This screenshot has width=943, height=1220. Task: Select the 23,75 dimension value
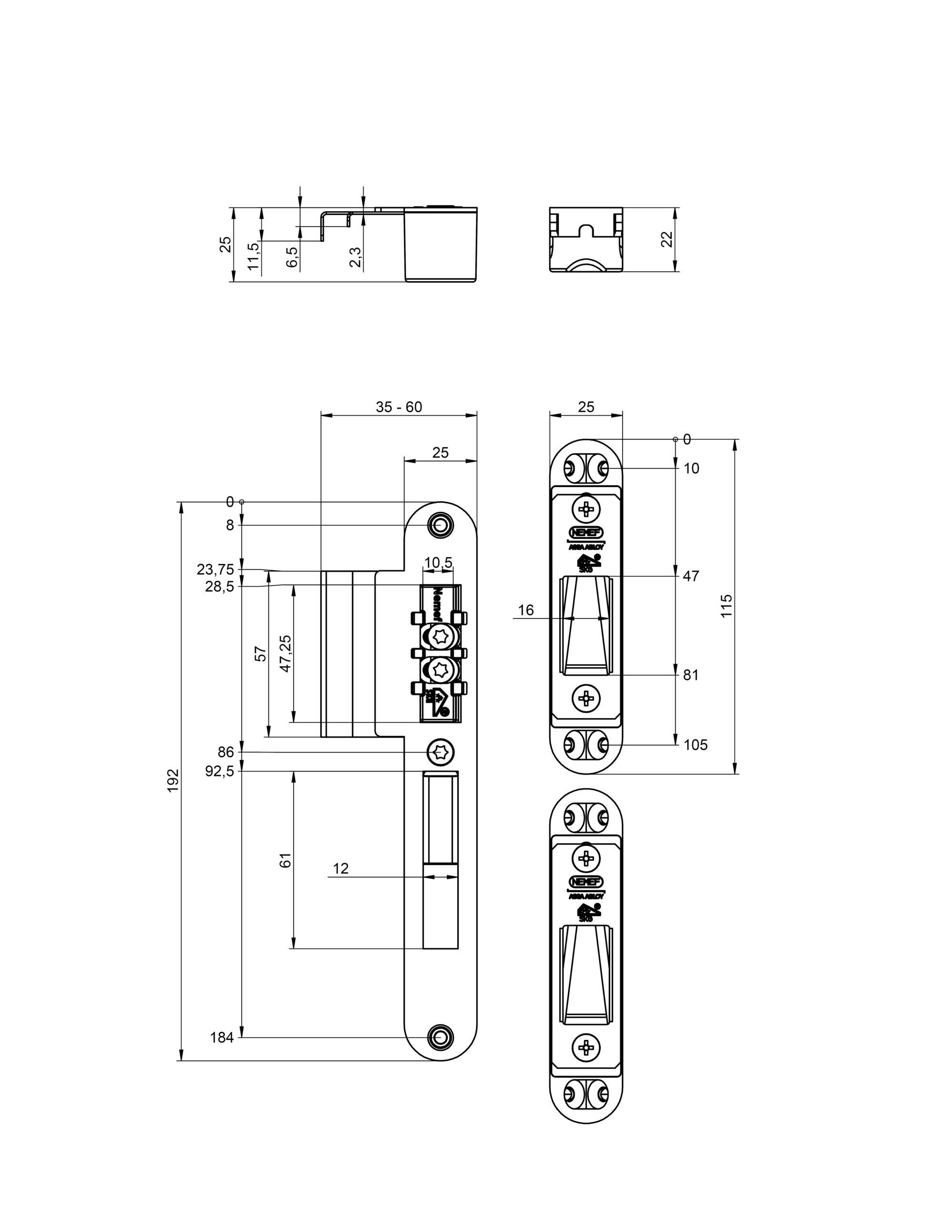pyautogui.click(x=215, y=569)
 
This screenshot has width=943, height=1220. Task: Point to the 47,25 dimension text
pyautogui.click(x=285, y=653)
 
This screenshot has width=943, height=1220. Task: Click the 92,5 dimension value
pyautogui.click(x=218, y=772)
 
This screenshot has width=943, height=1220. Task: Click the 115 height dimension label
pyautogui.click(x=726, y=606)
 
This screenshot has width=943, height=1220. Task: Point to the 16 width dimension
pyautogui.click(x=526, y=610)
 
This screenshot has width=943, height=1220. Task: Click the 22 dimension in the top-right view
pyautogui.click(x=667, y=240)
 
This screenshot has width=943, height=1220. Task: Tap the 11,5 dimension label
pyautogui.click(x=254, y=256)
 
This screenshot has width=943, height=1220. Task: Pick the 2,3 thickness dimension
pyautogui.click(x=356, y=257)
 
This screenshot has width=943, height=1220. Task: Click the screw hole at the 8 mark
pyautogui.click(x=440, y=525)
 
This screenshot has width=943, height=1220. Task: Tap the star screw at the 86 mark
pyautogui.click(x=440, y=752)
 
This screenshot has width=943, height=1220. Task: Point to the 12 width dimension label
pyautogui.click(x=340, y=869)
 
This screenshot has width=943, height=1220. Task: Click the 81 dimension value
pyautogui.click(x=691, y=675)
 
